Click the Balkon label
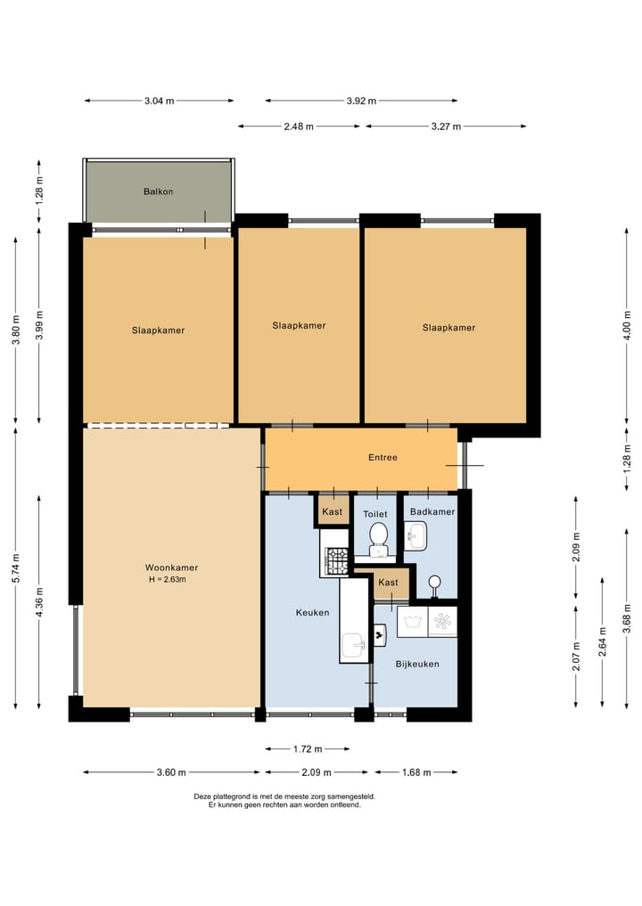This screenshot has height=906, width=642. click(x=158, y=192)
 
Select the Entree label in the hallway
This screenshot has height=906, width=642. click(x=383, y=458)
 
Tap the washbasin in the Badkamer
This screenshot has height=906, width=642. click(x=416, y=536)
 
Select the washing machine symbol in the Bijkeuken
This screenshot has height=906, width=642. click(x=412, y=622)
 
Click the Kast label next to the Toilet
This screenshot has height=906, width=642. click(x=332, y=512)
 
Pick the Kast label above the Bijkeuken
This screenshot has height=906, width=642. click(x=388, y=583)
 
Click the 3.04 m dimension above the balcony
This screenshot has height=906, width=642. click(x=159, y=102)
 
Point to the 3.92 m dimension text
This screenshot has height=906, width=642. click(x=361, y=102)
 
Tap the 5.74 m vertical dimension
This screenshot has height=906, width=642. click(x=16, y=568)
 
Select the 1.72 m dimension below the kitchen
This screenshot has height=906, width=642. click(x=307, y=749)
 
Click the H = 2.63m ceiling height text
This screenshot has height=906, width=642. click(x=167, y=580)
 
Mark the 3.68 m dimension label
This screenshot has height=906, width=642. click(x=626, y=618)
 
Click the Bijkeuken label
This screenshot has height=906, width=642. click(x=417, y=665)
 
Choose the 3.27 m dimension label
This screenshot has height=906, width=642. click(x=446, y=127)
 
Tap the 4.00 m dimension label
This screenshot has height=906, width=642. click(x=626, y=326)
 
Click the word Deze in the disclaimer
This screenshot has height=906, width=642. click(x=202, y=796)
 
